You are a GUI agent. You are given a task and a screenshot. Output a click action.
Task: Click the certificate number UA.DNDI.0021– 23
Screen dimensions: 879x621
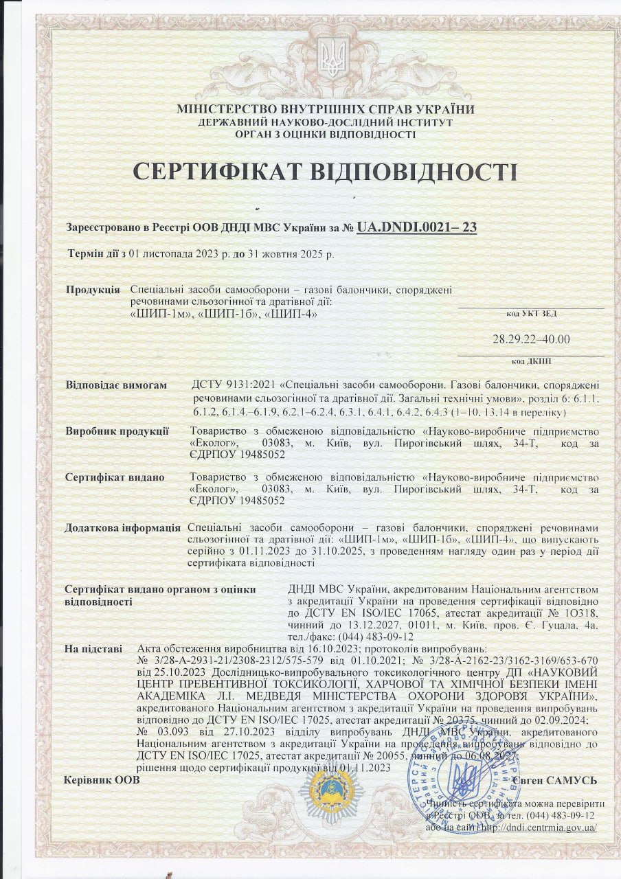(x=417, y=227)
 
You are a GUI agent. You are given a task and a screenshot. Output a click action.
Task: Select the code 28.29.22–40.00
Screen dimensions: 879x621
(x=531, y=339)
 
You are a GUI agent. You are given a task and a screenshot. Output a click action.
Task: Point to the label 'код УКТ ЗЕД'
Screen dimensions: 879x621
(x=531, y=313)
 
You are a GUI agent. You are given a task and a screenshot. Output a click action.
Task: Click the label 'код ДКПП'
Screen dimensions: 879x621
(x=531, y=361)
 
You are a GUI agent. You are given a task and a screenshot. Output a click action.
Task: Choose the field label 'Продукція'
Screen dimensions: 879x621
(x=93, y=290)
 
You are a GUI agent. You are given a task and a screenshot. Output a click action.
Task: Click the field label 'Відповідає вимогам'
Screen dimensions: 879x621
(x=116, y=385)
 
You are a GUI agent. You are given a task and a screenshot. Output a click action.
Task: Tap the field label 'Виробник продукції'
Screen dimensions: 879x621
(x=117, y=431)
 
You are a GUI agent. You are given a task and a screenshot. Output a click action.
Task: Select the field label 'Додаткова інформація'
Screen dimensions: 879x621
(x=122, y=528)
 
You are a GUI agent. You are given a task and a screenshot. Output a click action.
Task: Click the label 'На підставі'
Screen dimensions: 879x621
(x=93, y=648)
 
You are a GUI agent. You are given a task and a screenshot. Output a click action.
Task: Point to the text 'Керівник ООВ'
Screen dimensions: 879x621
(x=101, y=780)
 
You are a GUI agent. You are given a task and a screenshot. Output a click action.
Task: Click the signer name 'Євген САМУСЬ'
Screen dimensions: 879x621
(x=555, y=780)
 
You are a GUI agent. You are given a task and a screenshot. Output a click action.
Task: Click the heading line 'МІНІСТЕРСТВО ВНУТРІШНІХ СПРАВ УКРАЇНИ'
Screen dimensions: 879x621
(x=326, y=109)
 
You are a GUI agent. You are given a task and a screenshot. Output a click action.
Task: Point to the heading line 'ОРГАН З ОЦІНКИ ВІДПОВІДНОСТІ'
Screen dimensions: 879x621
(x=326, y=135)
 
